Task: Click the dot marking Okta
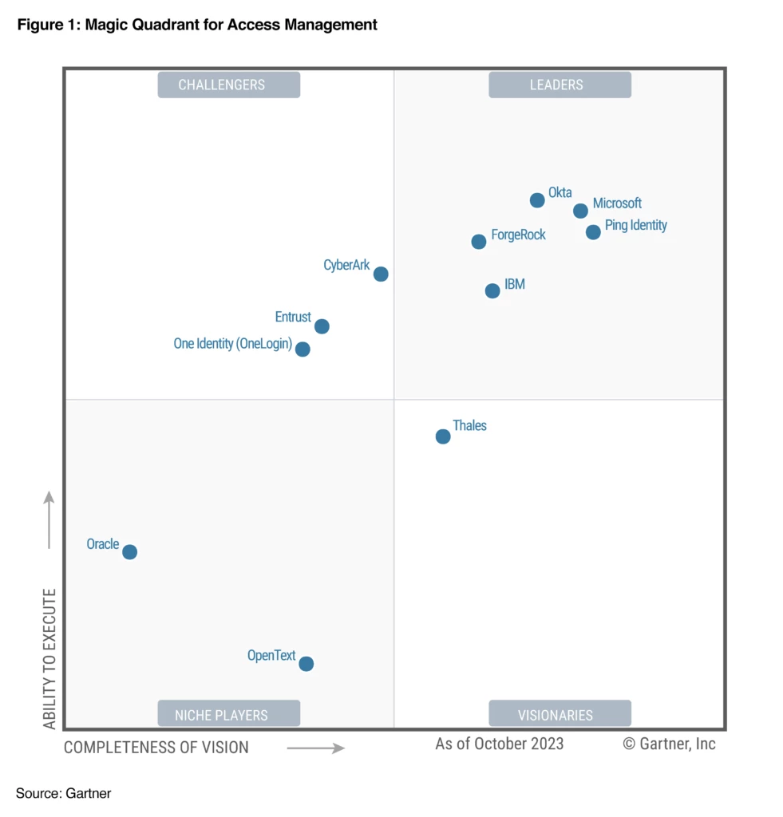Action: point(537,200)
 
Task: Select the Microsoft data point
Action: point(580,211)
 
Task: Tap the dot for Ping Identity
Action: point(593,232)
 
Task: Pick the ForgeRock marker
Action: point(478,242)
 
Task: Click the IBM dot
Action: point(492,290)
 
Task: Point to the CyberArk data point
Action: point(381,274)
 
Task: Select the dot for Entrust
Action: point(322,326)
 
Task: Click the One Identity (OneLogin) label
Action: point(232,344)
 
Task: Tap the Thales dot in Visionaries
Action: point(443,436)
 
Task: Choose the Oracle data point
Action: point(129,552)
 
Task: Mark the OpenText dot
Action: point(306,664)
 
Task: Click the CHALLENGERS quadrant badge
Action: point(228,85)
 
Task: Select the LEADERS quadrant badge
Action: point(560,85)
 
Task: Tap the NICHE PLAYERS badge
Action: point(228,714)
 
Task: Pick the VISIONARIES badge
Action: point(560,714)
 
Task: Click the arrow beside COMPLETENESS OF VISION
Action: point(315,748)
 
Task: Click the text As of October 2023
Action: point(499,744)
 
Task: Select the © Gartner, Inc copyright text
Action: point(669,744)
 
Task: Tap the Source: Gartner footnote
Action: point(63,793)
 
